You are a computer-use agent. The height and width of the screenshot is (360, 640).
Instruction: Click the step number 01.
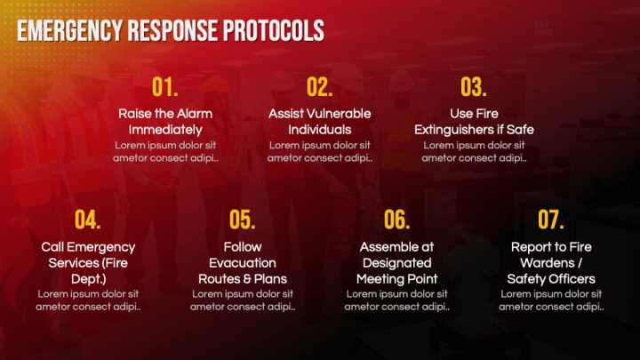[165, 87]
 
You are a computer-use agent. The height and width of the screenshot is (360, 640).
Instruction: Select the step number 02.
[319, 87]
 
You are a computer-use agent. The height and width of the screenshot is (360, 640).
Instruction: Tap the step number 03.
[474, 87]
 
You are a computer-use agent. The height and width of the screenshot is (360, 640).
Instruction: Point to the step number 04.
[88, 220]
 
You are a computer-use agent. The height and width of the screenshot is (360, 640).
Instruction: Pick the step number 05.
[242, 220]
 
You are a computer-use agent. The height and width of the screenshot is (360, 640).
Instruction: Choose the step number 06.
[396, 220]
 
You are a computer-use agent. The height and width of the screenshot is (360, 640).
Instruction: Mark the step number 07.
[551, 220]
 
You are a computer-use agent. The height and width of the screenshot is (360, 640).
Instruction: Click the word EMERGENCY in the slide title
[69, 31]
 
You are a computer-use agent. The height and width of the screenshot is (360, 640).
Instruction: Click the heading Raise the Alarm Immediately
[165, 122]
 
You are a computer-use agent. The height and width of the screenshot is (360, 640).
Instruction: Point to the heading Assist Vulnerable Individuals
[319, 122]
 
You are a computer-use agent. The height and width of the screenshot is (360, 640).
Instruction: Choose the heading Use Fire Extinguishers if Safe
[474, 122]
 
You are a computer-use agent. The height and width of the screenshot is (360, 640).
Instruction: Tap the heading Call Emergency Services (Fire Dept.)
[88, 263]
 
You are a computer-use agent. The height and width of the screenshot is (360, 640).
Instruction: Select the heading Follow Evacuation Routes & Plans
[242, 263]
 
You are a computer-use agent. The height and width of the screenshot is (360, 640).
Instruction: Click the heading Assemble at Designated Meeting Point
[396, 263]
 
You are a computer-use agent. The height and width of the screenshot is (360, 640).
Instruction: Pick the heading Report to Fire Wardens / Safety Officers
[551, 263]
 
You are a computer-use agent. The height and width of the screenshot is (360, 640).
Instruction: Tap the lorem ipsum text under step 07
[551, 300]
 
